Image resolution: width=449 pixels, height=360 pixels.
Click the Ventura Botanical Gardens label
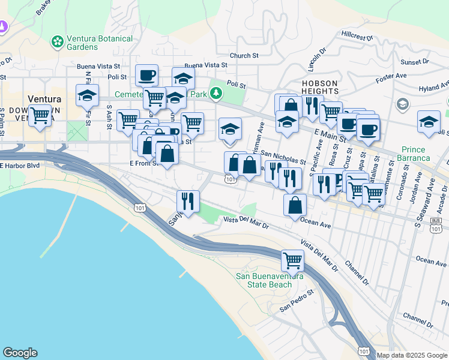point(99,43)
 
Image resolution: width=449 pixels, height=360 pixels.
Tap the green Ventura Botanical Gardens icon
point(58,42)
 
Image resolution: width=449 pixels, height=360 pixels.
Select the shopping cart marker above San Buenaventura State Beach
point(292,261)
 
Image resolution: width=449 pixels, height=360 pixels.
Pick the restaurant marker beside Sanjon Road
point(188,202)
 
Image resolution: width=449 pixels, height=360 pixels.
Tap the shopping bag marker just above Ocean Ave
point(295,206)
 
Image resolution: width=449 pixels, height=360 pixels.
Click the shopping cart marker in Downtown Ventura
point(40,115)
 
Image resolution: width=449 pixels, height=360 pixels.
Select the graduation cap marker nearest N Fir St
point(88,95)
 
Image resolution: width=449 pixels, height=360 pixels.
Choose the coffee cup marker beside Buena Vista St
point(146,76)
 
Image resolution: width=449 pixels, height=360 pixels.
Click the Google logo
point(20,353)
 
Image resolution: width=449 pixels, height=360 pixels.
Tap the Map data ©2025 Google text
point(412,355)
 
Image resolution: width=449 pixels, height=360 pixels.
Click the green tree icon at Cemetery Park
point(216,94)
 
